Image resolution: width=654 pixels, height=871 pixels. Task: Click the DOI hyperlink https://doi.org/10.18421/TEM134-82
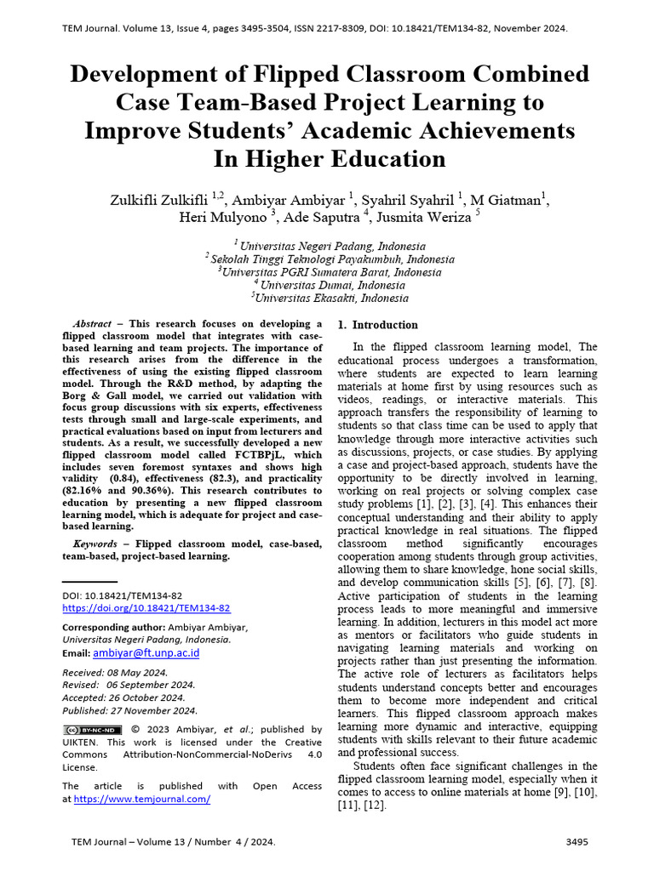(x=146, y=608)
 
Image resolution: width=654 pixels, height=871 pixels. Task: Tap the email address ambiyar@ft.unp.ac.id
(x=146, y=653)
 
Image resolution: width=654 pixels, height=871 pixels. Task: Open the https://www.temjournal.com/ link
(x=142, y=800)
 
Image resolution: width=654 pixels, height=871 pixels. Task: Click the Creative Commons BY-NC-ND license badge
(x=93, y=730)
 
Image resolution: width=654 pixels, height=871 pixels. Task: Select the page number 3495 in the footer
(x=577, y=842)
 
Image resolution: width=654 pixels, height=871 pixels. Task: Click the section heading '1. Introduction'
(x=378, y=325)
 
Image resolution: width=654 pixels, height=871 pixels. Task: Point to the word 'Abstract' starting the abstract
(x=93, y=324)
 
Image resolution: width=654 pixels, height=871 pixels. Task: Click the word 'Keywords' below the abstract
(x=95, y=544)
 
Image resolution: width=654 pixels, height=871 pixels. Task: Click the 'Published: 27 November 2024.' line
(x=130, y=710)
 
